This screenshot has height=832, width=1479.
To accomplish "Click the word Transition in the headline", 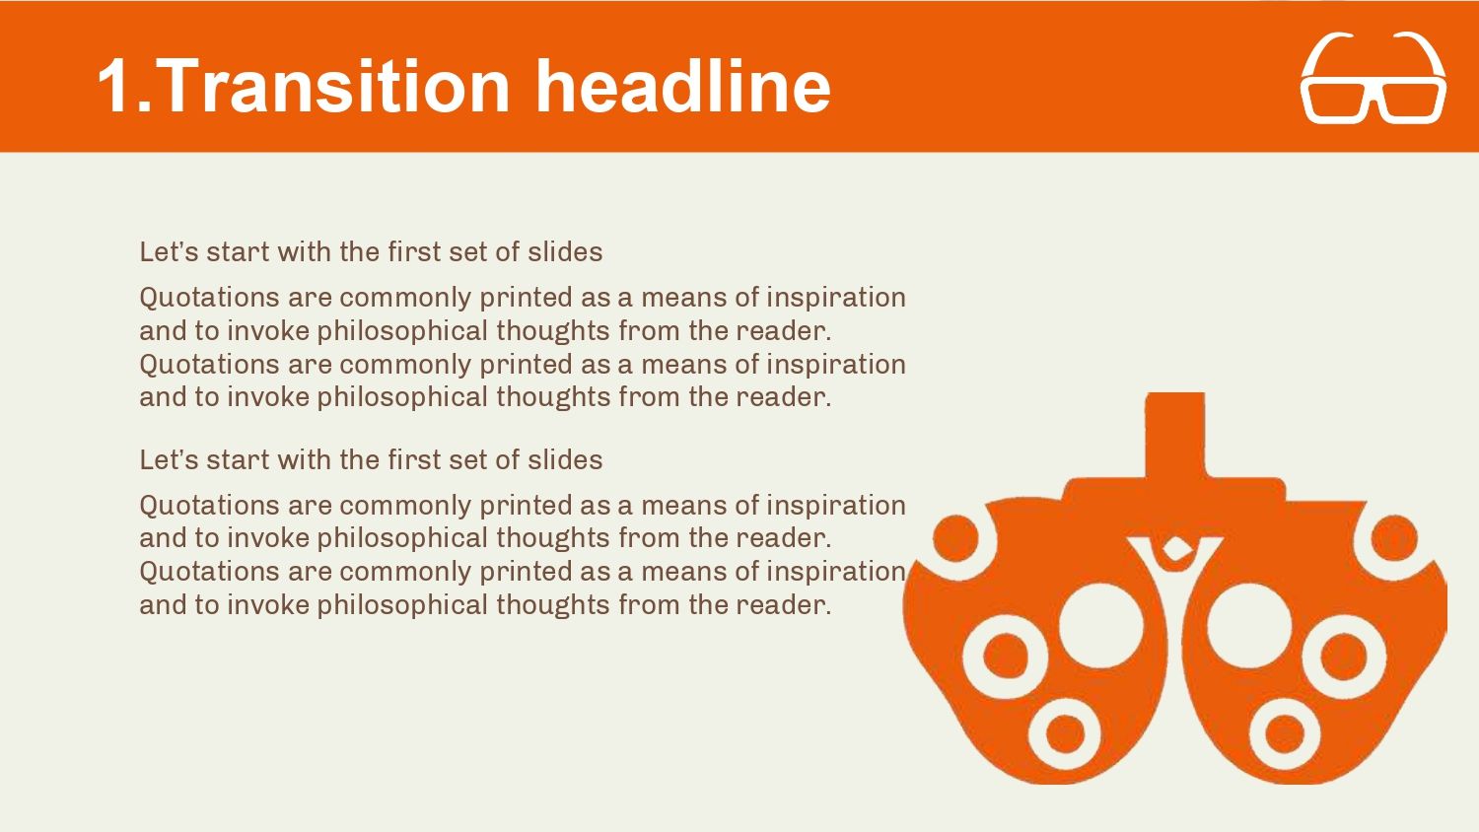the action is pos(333,87).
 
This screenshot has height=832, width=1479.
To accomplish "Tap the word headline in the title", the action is pos(682,87).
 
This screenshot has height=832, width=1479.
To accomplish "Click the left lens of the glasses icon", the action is pos(1337,103).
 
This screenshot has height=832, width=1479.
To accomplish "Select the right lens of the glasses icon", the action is pos(1412,103).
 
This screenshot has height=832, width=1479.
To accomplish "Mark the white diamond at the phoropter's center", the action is pos(1175,549).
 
